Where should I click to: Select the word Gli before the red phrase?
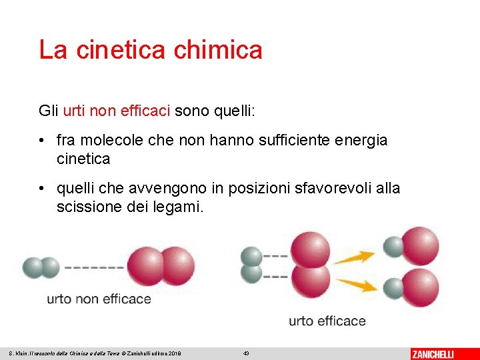pyautogui.click(x=49, y=110)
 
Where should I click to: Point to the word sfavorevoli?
pyautogui.click(x=320, y=189)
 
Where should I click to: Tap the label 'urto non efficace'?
pyautogui.click(x=99, y=299)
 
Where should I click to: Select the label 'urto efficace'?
pyautogui.click(x=327, y=321)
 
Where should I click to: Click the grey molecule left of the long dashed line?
pyautogui.click(x=41, y=267)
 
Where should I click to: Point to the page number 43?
pyautogui.click(x=246, y=353)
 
